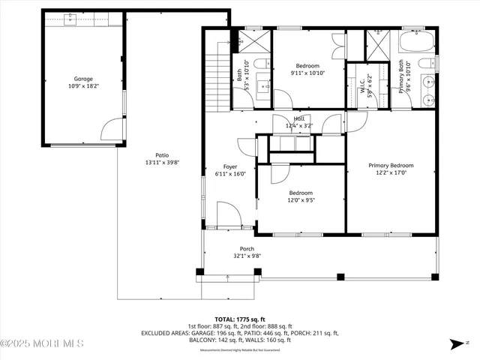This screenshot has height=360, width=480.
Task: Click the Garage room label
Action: click(82, 78)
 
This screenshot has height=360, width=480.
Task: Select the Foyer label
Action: click(231, 166)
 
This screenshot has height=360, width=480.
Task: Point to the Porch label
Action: click(247, 249)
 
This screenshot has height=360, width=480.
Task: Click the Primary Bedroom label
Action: click(390, 165)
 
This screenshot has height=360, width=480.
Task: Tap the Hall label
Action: click(299, 118)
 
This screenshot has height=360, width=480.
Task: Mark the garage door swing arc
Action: click(112, 129)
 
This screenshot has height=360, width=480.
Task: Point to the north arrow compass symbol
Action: click(458, 346)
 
